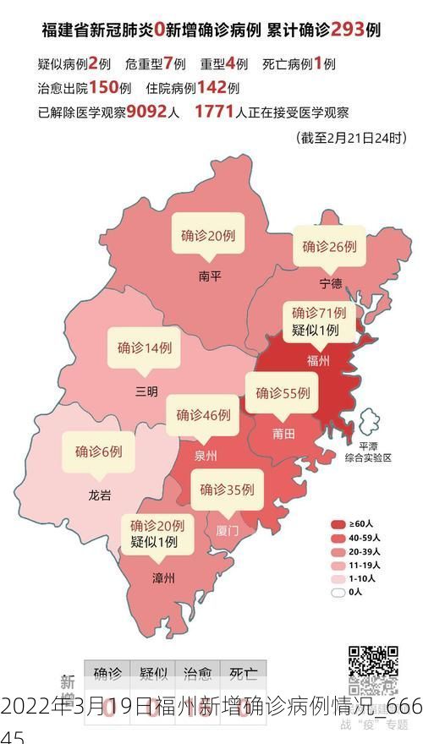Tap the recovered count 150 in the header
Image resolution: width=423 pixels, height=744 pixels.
[x=102, y=87]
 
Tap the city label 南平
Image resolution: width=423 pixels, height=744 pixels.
[x=209, y=276]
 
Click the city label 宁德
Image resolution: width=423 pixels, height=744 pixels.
[x=331, y=282]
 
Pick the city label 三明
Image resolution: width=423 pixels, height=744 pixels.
[x=146, y=391]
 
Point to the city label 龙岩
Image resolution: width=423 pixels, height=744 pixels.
[x=99, y=495]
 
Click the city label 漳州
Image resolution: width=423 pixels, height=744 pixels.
[x=162, y=578]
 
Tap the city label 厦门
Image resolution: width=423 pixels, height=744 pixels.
[x=228, y=530]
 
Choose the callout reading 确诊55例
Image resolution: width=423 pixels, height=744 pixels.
[x=283, y=393]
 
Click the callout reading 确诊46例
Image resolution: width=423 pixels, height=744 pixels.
[x=203, y=415]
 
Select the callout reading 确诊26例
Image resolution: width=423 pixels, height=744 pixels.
[x=330, y=247]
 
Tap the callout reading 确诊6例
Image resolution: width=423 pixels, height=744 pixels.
[x=98, y=451]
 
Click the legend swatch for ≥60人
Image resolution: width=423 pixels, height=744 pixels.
[x=338, y=523]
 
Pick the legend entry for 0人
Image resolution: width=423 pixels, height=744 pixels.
[x=338, y=592]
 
